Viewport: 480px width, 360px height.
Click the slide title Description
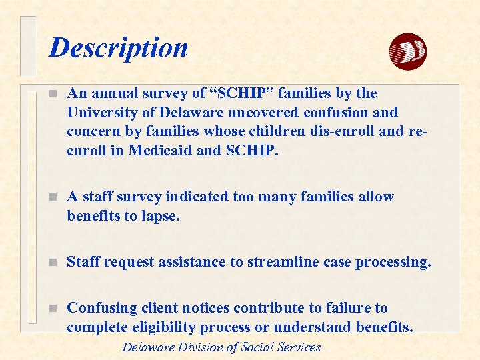pyautogui.click(x=119, y=48)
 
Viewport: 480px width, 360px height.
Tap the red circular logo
pyautogui.click(x=407, y=51)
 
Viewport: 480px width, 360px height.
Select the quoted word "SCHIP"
pyautogui.click(x=217, y=93)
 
